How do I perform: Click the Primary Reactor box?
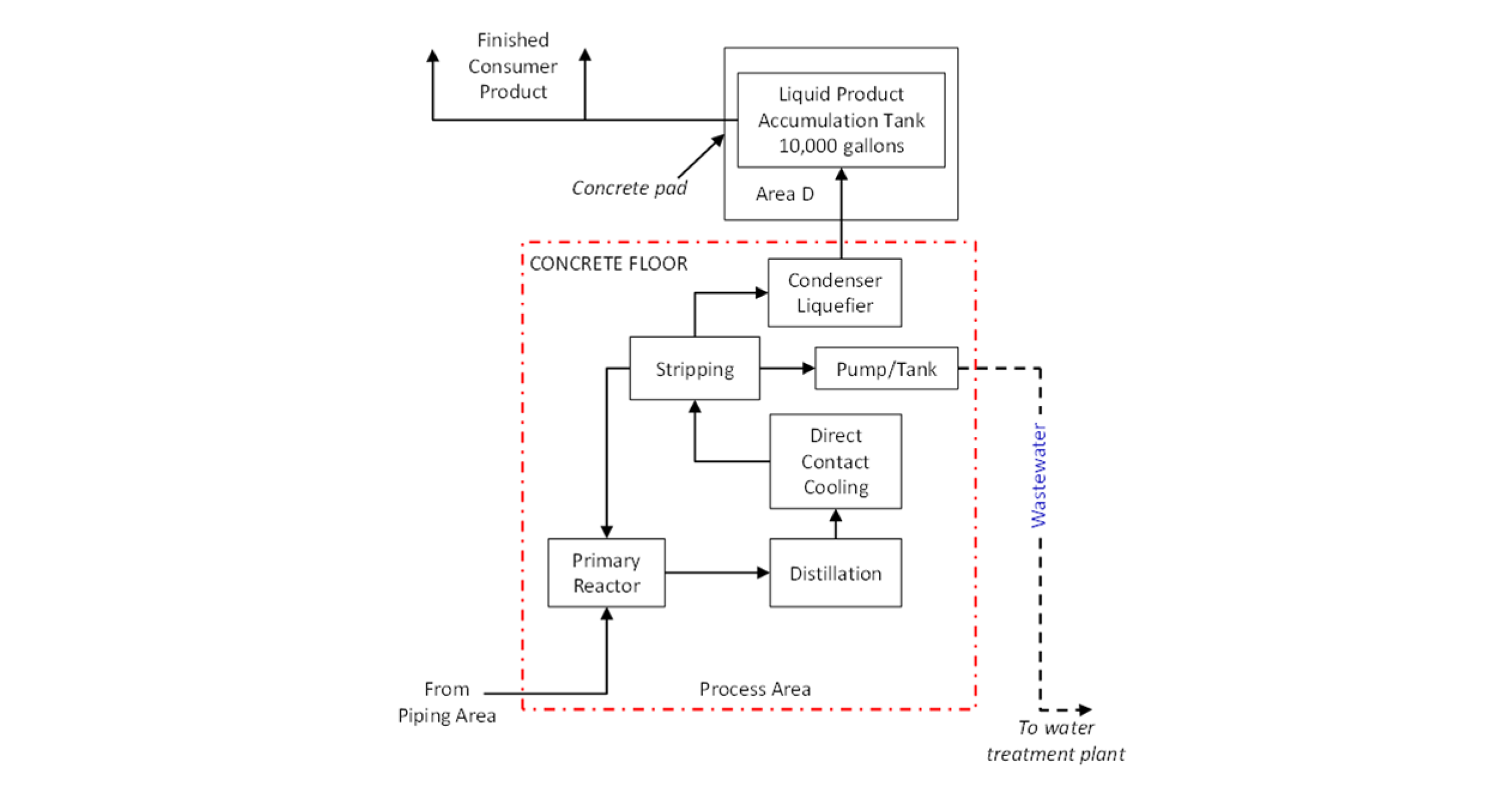coord(606,573)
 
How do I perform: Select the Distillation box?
coord(835,573)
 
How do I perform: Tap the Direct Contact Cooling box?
coord(835,461)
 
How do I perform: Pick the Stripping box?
coord(694,368)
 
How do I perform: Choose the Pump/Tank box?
coord(886,368)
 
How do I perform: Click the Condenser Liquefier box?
coord(834,293)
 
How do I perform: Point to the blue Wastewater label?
coord(1039,475)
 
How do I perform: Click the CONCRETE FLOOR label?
coord(609,264)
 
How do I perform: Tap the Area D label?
coord(784,194)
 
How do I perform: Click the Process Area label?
coord(755,689)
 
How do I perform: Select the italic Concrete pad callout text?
coord(629,188)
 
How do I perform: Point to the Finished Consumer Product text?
coord(512,66)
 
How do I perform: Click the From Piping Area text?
coord(446,702)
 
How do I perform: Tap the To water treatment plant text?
coord(1056,741)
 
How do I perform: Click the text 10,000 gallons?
coord(841,146)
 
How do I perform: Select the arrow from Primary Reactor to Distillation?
coord(716,573)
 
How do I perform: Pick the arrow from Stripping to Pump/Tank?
coord(786,368)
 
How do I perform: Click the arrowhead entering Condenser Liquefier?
coord(761,293)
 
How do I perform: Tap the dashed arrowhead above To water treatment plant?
coord(1084,710)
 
